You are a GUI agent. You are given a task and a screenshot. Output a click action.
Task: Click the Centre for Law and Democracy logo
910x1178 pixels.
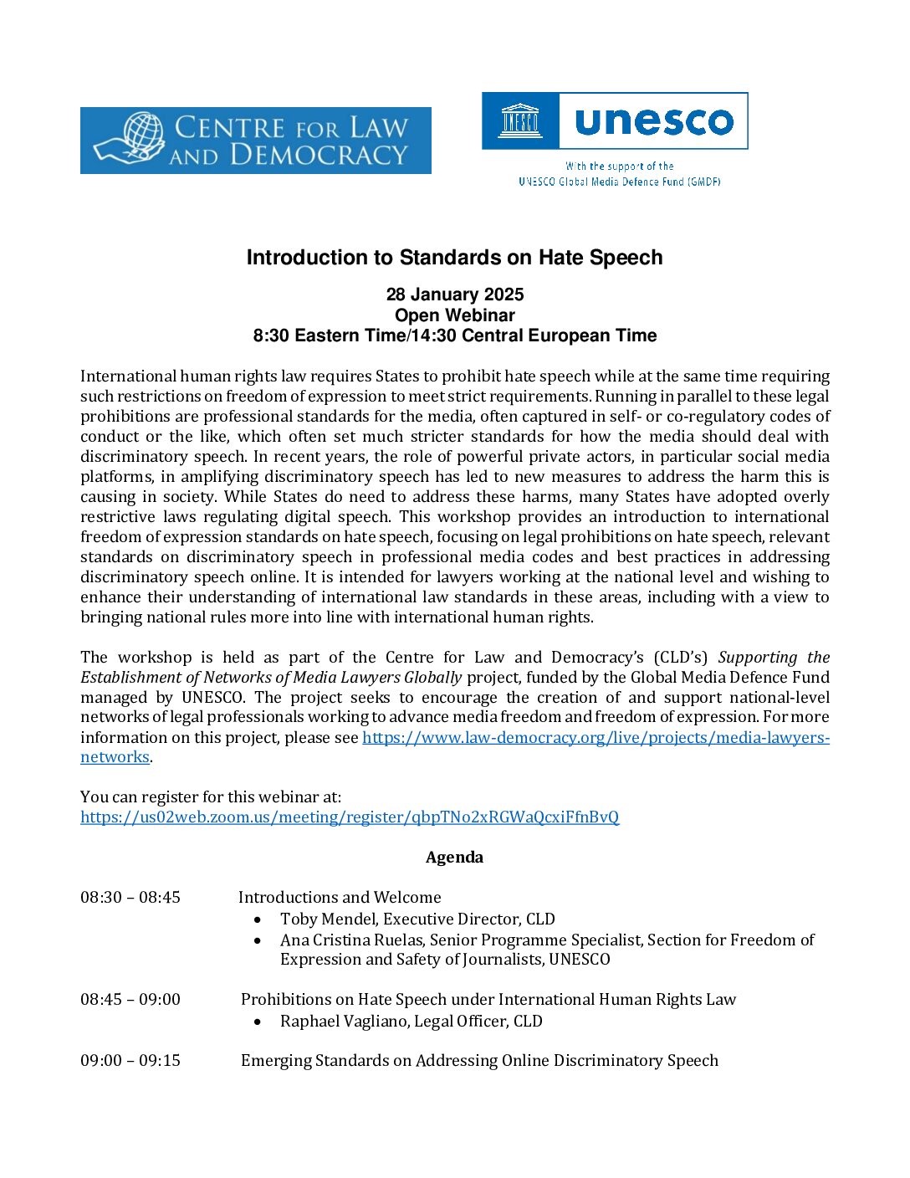pos(255,141)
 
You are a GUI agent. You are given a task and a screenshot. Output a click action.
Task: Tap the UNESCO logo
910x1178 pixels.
pos(615,121)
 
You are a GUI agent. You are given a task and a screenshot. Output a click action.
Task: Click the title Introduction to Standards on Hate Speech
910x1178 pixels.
pos(454,258)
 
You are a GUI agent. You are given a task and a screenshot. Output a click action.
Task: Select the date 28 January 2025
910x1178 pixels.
pos(454,294)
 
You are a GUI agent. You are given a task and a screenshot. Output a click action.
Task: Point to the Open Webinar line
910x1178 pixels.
pos(454,315)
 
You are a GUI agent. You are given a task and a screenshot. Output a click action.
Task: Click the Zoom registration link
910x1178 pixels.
pos(350,817)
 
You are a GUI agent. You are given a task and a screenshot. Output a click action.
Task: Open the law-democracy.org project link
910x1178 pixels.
pos(596,738)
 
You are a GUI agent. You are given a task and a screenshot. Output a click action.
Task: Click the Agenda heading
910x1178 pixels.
pos(454,858)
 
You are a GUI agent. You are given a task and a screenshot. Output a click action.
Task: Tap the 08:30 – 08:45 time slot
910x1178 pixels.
pos(130,898)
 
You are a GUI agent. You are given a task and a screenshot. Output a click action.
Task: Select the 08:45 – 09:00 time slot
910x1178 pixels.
pos(130,1000)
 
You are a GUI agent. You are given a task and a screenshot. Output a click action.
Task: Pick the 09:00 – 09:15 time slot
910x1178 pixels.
pos(130,1061)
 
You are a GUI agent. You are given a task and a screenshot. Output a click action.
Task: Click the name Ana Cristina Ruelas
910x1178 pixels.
pos(352,940)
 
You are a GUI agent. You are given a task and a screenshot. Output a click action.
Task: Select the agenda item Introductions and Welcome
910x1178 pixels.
pos(340,898)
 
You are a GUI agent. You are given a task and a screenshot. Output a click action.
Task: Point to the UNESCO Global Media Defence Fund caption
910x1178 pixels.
pos(619,181)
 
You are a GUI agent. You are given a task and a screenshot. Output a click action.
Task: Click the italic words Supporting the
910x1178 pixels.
pos(774,658)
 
